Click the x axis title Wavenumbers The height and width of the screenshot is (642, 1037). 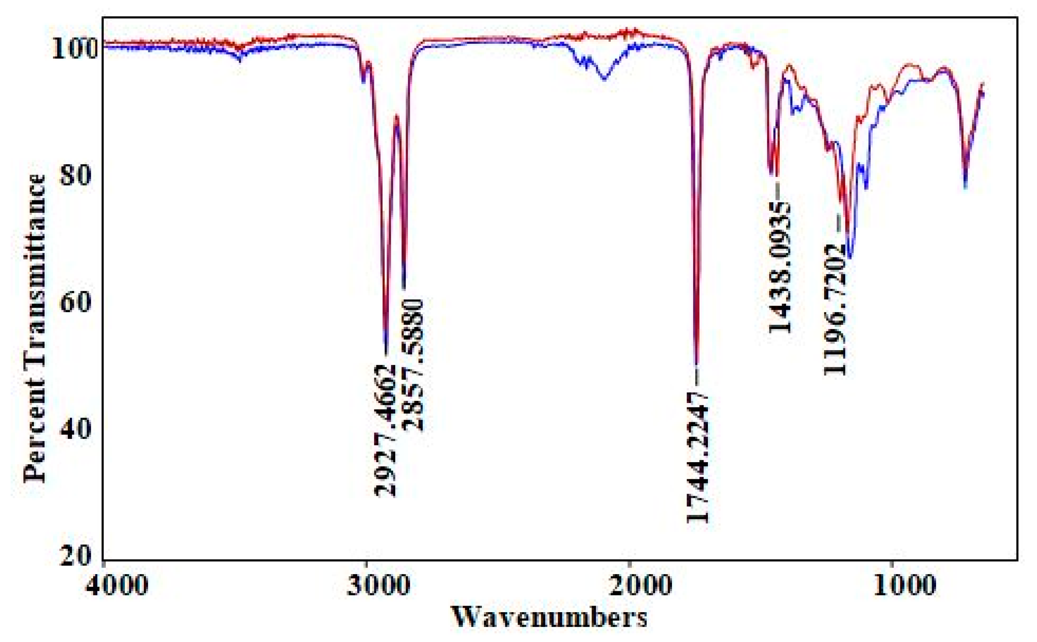click(549, 617)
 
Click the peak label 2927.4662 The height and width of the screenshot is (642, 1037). click(385, 431)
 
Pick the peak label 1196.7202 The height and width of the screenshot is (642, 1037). click(835, 309)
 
